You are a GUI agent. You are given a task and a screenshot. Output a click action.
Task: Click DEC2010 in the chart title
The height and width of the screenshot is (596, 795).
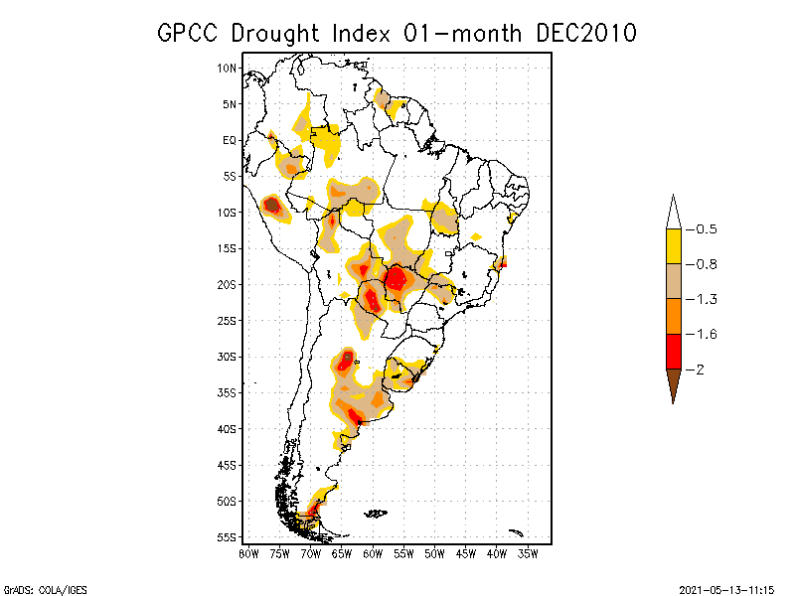[584, 33]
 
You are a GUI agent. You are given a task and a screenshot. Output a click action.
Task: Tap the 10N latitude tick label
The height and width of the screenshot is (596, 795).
[227, 69]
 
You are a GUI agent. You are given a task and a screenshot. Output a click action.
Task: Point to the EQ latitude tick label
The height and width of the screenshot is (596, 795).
[229, 140]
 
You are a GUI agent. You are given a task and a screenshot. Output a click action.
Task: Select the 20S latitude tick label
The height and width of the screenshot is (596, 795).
[227, 284]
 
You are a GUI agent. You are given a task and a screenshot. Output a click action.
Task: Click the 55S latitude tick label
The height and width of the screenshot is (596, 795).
[227, 537]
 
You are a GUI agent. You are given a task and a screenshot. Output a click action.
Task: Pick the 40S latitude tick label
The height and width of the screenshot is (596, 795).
[227, 429]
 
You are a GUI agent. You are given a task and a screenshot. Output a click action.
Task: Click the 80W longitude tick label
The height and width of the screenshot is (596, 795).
[248, 554]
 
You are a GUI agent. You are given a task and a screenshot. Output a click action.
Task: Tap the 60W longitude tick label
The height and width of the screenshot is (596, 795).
[373, 554]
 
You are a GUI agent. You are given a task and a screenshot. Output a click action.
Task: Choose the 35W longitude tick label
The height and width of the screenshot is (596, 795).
[529, 554]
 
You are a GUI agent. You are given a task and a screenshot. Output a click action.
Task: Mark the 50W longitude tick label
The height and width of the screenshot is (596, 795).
[435, 554]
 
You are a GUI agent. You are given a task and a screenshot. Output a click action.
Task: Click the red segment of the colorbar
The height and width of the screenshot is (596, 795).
[673, 351]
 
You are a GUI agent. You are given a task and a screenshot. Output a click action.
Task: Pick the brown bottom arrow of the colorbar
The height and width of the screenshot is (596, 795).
[673, 384]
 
